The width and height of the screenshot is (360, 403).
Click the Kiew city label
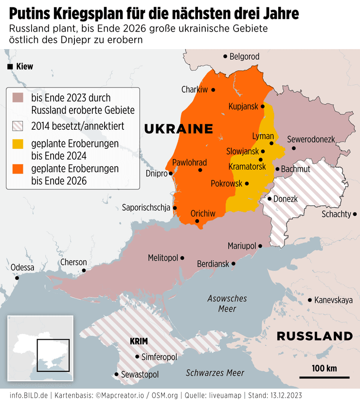coord(24,67)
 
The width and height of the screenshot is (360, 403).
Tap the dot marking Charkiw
coord(213,89)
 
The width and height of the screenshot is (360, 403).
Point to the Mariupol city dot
coord(260,246)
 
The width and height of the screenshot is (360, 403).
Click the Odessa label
coord(22,267)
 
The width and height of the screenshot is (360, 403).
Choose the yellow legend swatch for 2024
coord(18,144)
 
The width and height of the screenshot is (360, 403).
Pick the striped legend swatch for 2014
coord(18,126)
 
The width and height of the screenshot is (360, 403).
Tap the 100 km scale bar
coord(324,376)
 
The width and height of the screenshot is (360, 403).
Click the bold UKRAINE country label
coord(179,129)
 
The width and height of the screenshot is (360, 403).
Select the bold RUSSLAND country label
coord(314,336)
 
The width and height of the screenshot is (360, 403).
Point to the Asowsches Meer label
coord(227,303)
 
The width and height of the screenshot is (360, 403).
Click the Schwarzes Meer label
coord(215,373)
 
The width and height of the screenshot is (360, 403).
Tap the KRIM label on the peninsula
coord(139,341)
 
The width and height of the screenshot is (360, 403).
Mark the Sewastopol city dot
coord(116,374)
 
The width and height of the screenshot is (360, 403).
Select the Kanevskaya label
coord(334,300)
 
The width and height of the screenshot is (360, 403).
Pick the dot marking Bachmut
coord(277,169)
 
